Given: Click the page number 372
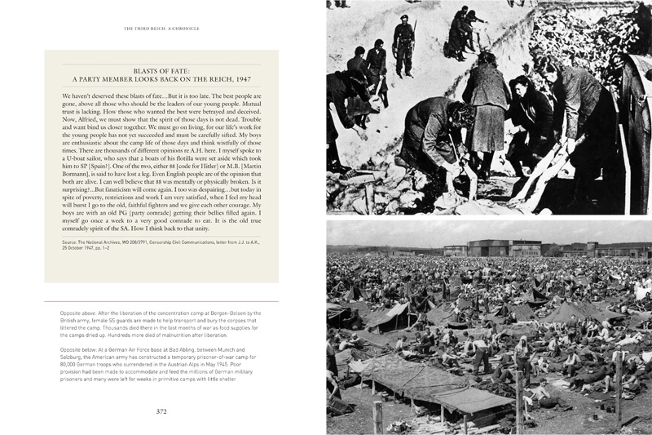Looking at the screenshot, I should [161, 411].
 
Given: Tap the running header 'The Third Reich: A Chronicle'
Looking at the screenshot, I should [161, 28].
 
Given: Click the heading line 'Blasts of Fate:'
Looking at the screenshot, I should [161, 69].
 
